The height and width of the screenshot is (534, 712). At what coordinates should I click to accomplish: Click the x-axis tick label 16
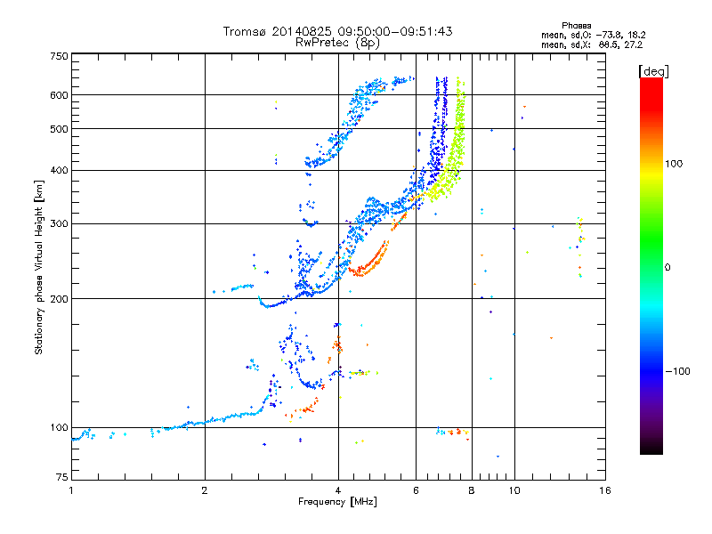coord(604,490)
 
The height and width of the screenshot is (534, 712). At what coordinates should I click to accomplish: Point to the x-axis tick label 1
coord(71,490)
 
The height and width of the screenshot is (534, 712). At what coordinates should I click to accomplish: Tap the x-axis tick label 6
coord(416,490)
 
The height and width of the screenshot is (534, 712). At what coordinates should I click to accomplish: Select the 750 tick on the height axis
coord(59,55)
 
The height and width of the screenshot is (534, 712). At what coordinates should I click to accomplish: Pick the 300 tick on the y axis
coord(59,223)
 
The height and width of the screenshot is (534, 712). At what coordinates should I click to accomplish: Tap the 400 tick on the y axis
coord(59,170)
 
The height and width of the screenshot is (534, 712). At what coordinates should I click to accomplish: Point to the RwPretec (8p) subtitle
coord(338,42)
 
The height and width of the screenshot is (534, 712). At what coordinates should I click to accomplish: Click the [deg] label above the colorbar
coord(654,70)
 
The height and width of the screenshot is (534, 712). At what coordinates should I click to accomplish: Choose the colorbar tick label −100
coord(678,371)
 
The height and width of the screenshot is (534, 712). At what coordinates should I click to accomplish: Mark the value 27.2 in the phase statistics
coord(634,44)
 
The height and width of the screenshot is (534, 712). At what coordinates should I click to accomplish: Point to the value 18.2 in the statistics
coord(634,35)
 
